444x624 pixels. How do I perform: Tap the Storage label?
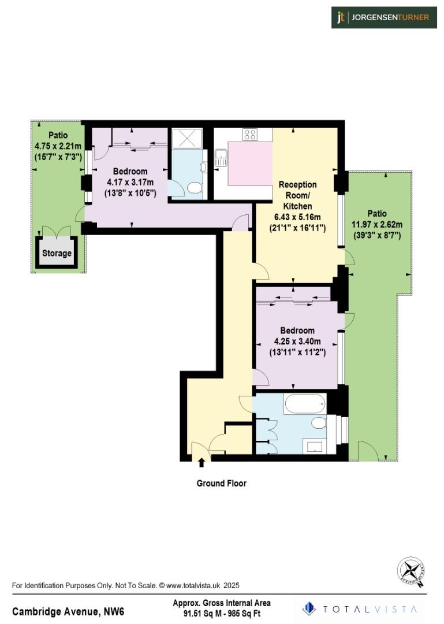pyautogui.click(x=57, y=253)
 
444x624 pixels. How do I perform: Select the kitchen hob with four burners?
pyautogui.click(x=250, y=135)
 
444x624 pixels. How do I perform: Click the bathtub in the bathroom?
pyautogui.click(x=304, y=404)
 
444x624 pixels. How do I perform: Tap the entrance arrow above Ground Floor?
pyautogui.click(x=201, y=462)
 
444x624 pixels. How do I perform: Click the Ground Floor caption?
pyautogui.click(x=222, y=483)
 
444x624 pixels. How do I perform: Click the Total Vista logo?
pyautogui.click(x=362, y=609)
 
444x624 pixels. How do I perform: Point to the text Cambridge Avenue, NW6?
pyautogui.click(x=68, y=611)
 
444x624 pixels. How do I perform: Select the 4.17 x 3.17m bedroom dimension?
pyautogui.click(x=130, y=182)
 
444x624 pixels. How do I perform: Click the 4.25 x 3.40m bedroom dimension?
pyautogui.click(x=297, y=341)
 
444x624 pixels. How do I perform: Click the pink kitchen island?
pyautogui.click(x=250, y=164)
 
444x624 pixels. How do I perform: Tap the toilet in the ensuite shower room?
pyautogui.click(x=195, y=187)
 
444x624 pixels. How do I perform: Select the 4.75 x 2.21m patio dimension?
pyautogui.click(x=58, y=146)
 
